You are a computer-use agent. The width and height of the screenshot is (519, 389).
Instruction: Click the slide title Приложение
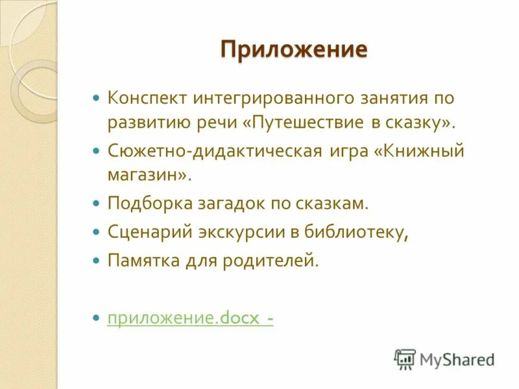click(294, 50)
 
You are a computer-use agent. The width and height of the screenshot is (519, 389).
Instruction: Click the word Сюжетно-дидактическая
click(215, 151)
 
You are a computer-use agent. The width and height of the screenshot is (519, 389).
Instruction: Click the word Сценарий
click(147, 231)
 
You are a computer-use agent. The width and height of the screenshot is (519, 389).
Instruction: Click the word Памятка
click(141, 261)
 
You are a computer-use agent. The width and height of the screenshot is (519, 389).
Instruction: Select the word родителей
click(276, 261)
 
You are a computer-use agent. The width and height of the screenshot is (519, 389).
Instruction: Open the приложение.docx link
click(189, 318)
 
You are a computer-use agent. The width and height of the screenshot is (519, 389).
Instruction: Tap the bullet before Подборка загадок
click(96, 204)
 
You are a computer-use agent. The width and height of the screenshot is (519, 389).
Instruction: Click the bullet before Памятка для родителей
click(96, 261)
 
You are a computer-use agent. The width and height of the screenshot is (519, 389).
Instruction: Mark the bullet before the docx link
click(96, 319)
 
